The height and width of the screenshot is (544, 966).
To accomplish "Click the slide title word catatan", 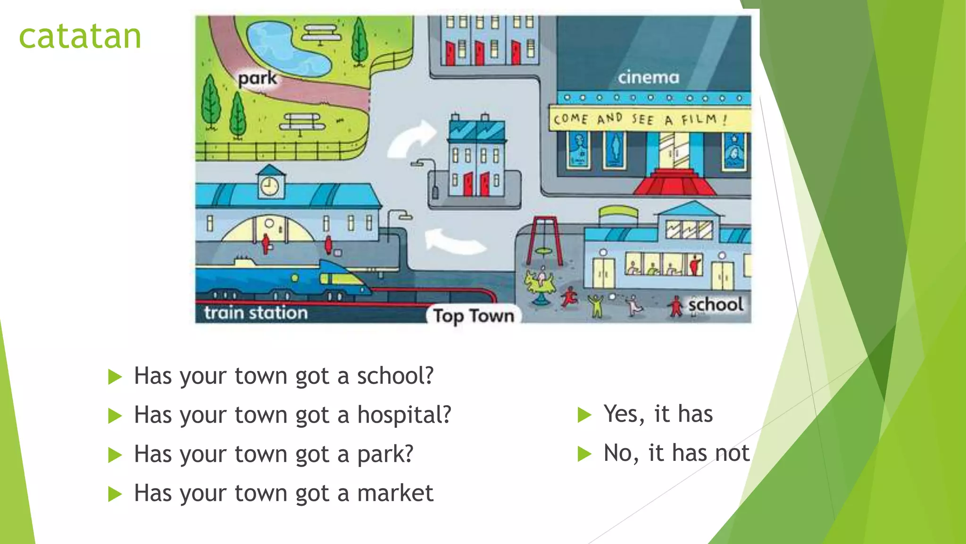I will tap(80, 37).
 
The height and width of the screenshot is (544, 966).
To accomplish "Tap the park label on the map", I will tap(257, 78).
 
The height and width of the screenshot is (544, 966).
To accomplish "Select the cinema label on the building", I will tap(649, 77).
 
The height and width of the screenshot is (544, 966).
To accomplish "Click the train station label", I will tap(256, 313).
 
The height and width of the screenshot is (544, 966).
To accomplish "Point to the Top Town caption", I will tap(474, 316).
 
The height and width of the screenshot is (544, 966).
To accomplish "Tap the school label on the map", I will tap(716, 305).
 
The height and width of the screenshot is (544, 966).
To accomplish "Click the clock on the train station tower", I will tap(269, 186).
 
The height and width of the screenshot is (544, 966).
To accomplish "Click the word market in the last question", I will tap(395, 493).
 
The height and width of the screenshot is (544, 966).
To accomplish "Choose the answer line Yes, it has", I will tap(658, 414).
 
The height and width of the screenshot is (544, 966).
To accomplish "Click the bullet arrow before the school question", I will tap(115, 377).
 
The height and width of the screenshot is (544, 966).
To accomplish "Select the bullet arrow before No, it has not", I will tap(584, 454).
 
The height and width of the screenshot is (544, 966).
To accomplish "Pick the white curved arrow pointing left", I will tap(453, 240).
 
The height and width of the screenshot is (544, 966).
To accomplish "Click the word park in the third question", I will tap(385, 455).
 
